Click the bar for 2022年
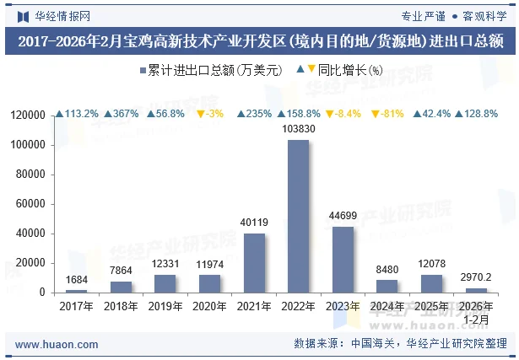pos(298,216)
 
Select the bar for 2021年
pos(254,263)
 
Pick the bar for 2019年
pos(165,283)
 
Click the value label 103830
pos(298,129)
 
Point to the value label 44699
pos(343,217)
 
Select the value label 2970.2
pos(477,277)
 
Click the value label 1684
pos(76,280)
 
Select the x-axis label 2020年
pos(209,306)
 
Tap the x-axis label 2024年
pos(387,306)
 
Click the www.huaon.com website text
pos(57,344)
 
